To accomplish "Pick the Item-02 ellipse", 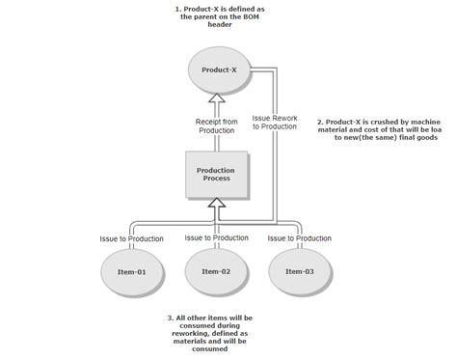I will point(217,272).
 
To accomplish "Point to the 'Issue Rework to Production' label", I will point(276,123).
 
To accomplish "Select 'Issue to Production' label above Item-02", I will point(217,237).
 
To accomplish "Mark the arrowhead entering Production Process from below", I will point(218,204).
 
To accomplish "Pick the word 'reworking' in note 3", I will point(190,326).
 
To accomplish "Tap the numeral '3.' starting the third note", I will point(170,317).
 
